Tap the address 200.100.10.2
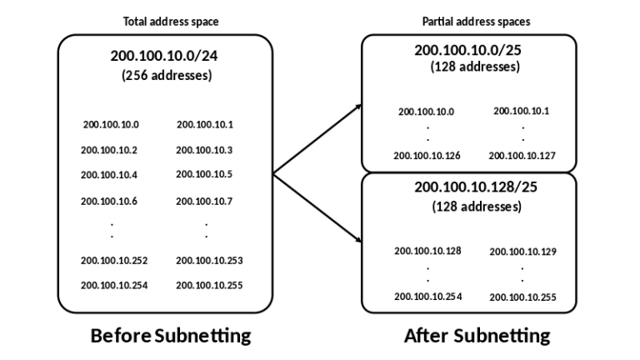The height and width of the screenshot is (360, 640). click(109, 150)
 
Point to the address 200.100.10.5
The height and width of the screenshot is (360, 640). click(204, 174)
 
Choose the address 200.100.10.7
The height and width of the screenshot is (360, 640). click(204, 201)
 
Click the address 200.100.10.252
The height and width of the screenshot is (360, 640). click(114, 260)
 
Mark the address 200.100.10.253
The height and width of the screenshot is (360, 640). click(209, 260)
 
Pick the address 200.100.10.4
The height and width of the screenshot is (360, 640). click(109, 175)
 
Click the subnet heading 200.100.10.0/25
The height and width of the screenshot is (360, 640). click(468, 50)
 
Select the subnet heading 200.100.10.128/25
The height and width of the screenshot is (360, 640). click(476, 187)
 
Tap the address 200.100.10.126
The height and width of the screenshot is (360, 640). click(427, 155)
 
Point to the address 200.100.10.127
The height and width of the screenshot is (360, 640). click(522, 155)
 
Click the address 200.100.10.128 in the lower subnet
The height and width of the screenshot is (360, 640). click(427, 250)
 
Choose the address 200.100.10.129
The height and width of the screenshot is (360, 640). click(522, 251)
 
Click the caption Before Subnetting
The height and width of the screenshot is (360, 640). click(170, 336)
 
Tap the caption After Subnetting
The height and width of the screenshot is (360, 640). click(477, 336)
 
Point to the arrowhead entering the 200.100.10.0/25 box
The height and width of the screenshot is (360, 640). click(359, 106)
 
